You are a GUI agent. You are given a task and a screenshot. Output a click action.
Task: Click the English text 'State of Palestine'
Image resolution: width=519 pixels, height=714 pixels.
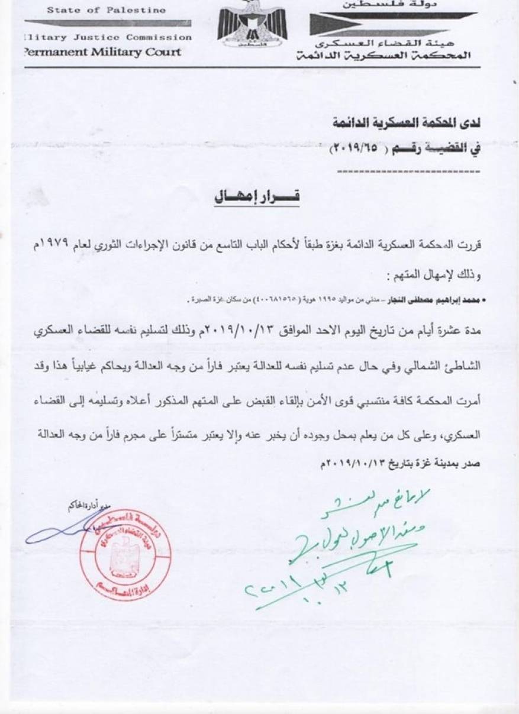pyautogui.click(x=89, y=10)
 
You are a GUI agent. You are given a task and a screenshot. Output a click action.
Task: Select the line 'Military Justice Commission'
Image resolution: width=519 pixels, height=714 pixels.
pyautogui.click(x=107, y=37)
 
